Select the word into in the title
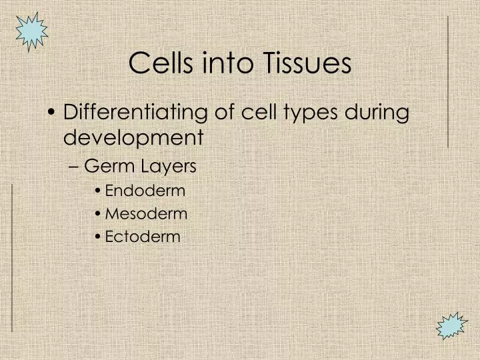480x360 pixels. coord(222,63)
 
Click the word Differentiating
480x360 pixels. coord(136,112)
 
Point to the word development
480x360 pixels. coord(133,137)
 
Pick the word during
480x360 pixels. coord(377,112)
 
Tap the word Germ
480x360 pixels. coord(107,166)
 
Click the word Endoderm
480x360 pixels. coord(145,191)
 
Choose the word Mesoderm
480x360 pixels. coord(146,214)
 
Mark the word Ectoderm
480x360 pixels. coord(143,237)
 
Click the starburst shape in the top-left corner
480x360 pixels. coord(31,31)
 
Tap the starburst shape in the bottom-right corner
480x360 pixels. coord(452,327)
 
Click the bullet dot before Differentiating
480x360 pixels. coord(53,113)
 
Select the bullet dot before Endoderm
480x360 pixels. coord(98,191)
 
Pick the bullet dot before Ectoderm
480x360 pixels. coord(98,237)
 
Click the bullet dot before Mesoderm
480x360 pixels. coord(98,215)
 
